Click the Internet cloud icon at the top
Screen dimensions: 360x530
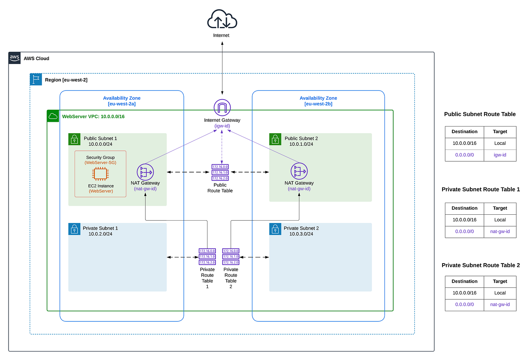tap(222, 20)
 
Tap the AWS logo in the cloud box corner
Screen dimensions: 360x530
tap(14, 58)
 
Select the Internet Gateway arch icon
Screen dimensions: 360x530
tap(222, 108)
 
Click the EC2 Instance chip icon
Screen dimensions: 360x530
tap(100, 174)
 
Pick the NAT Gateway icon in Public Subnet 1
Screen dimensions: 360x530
tap(145, 172)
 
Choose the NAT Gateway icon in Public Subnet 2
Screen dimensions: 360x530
tap(299, 171)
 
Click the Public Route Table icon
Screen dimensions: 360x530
tap(220, 173)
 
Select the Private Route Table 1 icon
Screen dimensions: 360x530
tap(207, 257)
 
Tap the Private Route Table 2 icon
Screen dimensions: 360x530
tap(231, 257)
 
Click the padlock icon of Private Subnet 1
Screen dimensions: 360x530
tap(74, 229)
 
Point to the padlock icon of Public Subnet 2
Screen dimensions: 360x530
tap(275, 139)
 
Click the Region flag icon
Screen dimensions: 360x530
tap(36, 80)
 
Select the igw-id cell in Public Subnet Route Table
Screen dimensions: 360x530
tap(500, 155)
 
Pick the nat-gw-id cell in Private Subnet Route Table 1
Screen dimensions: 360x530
tap(500, 232)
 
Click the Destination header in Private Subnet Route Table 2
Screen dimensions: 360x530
tap(464, 282)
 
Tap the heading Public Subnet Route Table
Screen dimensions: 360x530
tap(480, 114)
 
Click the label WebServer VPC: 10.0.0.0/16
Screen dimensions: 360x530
tap(93, 117)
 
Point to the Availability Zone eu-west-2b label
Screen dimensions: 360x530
tap(318, 101)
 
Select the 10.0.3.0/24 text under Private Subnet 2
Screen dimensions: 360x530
tap(301, 234)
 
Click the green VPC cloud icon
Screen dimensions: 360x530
tap(53, 116)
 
